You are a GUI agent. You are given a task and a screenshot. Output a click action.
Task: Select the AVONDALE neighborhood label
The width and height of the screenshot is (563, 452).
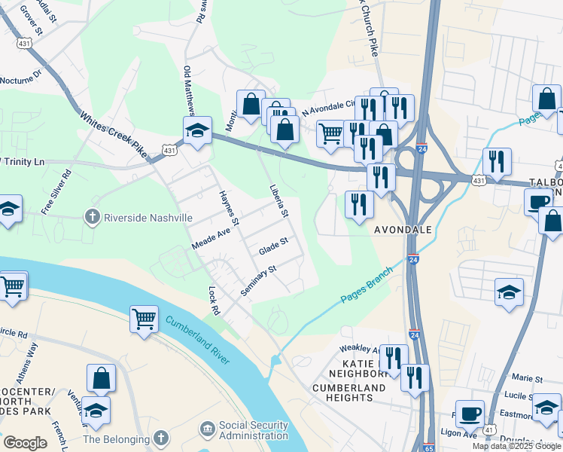point(403,230)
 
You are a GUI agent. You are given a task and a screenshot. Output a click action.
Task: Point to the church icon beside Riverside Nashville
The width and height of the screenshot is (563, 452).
point(92,218)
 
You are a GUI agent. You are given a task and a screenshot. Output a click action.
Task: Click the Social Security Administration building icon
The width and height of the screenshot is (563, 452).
point(207,429)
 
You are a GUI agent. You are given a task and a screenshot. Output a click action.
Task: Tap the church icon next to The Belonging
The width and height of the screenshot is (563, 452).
point(160,438)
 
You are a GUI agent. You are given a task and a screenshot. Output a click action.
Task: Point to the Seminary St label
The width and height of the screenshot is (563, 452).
point(259,280)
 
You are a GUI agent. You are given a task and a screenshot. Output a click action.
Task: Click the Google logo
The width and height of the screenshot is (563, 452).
point(25,442)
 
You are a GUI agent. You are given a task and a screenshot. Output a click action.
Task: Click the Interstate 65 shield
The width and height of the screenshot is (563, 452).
point(428,447)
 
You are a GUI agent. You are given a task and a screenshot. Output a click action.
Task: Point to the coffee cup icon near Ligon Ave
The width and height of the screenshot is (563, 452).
point(470,414)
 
